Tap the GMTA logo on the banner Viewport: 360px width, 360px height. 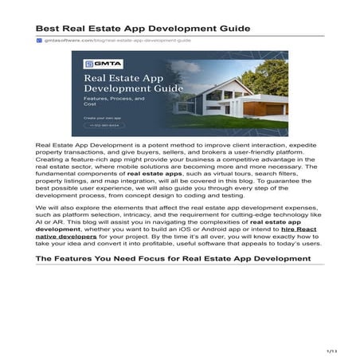[98, 63]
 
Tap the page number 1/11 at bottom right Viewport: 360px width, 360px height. [333, 350]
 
